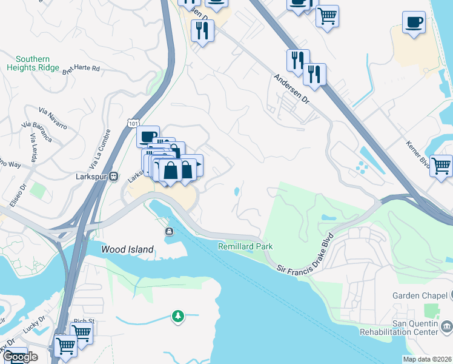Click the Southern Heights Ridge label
(x=33, y=64)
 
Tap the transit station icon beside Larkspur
(x=113, y=177)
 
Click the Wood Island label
(x=128, y=249)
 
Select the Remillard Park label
(x=245, y=246)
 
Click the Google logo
(x=20, y=357)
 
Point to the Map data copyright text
(x=427, y=359)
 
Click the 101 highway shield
(x=133, y=123)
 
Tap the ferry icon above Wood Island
(x=169, y=231)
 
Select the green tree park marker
(x=178, y=316)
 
